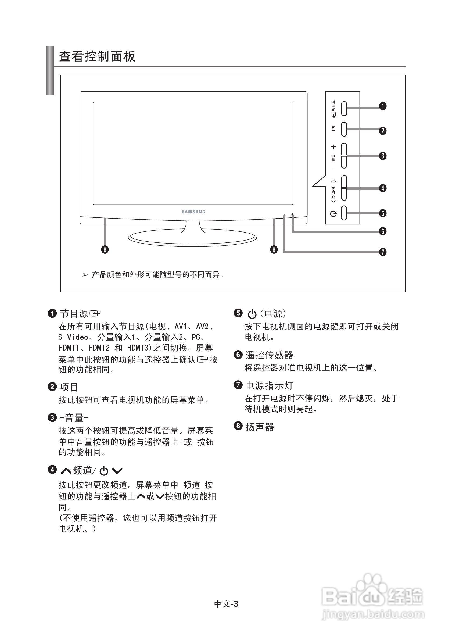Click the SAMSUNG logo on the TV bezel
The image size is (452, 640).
[x=193, y=212]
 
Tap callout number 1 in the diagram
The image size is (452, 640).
[x=383, y=106]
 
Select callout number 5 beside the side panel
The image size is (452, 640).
[x=383, y=213]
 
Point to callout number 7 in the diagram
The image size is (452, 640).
[x=383, y=252]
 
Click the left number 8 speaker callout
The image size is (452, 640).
[x=105, y=249]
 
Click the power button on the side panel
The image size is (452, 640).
[x=344, y=213]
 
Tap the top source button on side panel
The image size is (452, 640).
[x=344, y=108]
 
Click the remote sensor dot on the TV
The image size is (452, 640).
[x=292, y=214]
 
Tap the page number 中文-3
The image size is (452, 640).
[x=226, y=604]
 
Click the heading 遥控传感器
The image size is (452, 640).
[x=269, y=355]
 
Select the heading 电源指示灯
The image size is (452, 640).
[x=270, y=386]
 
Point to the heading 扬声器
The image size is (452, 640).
[x=260, y=427]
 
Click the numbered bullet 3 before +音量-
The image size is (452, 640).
[x=52, y=417]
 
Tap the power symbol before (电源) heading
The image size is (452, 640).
[x=252, y=314]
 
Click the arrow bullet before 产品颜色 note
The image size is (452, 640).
[x=85, y=275]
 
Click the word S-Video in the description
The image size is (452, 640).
[x=73, y=337]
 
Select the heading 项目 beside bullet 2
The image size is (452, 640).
[x=69, y=387]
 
